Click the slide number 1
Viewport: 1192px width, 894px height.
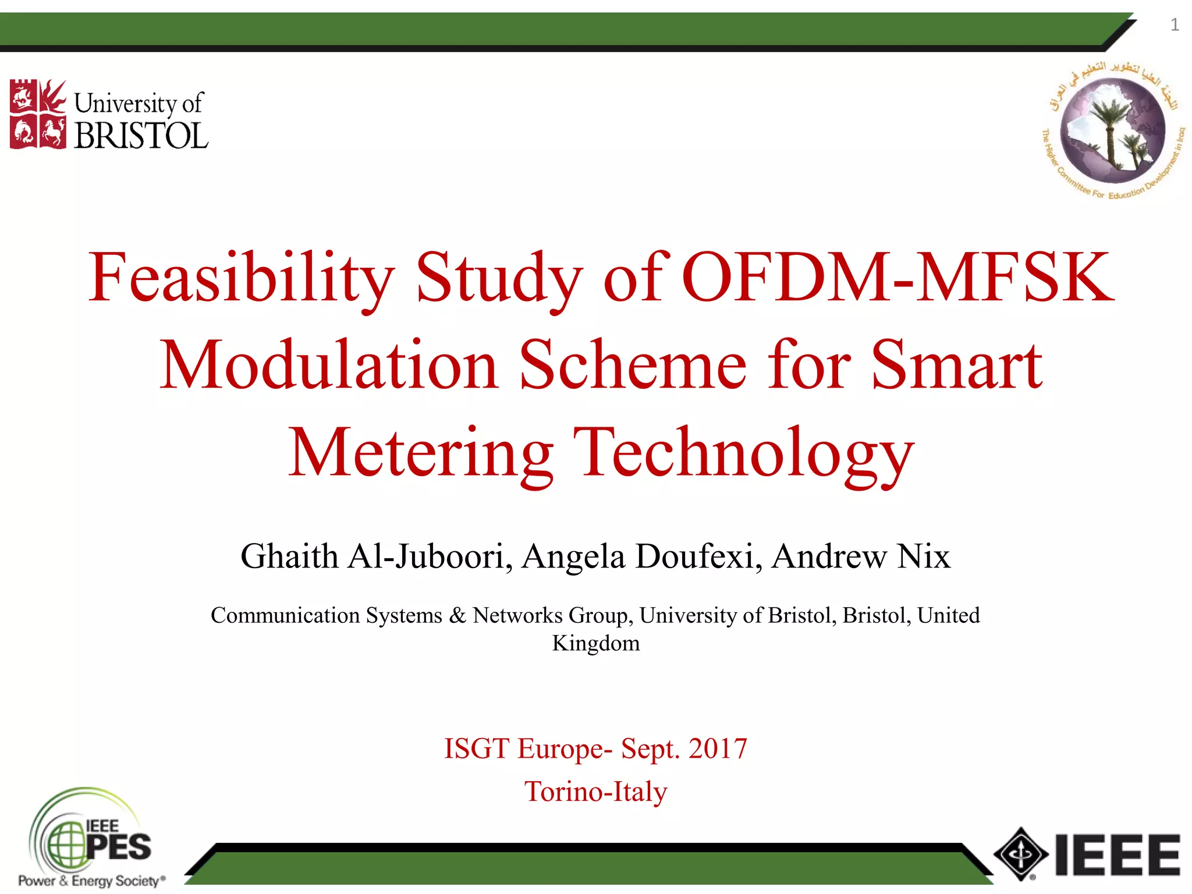(x=1175, y=25)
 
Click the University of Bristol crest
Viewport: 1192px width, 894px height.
(x=38, y=114)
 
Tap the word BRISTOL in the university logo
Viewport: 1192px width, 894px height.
(x=141, y=136)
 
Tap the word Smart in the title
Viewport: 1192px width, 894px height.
(x=956, y=365)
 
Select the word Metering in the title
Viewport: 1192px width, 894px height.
(x=420, y=453)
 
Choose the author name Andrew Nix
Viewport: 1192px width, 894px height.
(x=861, y=556)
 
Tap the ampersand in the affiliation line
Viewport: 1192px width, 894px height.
(x=457, y=615)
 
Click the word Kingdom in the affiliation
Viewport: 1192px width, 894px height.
(x=595, y=643)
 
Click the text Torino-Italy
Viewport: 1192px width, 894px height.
(x=595, y=792)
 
